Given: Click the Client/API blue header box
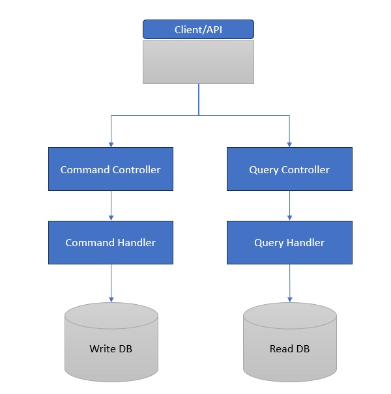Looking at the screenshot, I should click(198, 29).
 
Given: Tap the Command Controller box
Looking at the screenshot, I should click(111, 169).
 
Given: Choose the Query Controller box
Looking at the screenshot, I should click(289, 169).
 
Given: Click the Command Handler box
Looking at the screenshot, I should click(111, 243).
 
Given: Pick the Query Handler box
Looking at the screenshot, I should click(289, 243).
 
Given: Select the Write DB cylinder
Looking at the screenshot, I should click(111, 345).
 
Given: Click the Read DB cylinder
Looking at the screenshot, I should click(289, 345).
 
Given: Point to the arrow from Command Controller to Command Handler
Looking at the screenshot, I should click(111, 205).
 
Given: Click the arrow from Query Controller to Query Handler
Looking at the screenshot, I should click(289, 205).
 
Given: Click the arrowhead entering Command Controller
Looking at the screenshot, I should click(111, 144).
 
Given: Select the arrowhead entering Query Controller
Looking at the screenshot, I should click(289, 144).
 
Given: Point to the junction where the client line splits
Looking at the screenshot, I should click(198, 115).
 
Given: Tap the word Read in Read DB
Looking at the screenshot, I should click(281, 349).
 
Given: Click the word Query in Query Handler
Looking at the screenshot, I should click(268, 243).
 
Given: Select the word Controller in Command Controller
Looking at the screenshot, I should click(137, 170).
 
